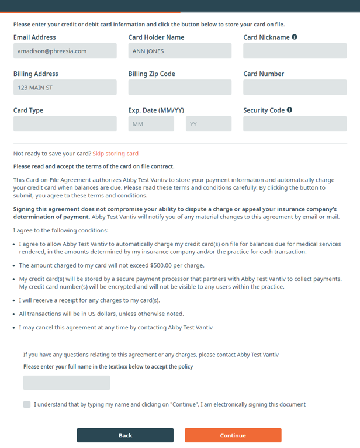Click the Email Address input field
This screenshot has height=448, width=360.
pyautogui.click(x=65, y=51)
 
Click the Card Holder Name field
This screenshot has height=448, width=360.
pyautogui.click(x=179, y=51)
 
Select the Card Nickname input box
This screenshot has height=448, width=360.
pyautogui.click(x=295, y=51)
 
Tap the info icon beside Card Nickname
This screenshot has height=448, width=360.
pyautogui.click(x=295, y=37)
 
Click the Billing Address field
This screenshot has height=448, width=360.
pyautogui.click(x=65, y=88)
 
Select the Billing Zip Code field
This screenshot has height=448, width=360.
pyautogui.click(x=179, y=88)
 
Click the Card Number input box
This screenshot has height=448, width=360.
pyautogui.click(x=295, y=88)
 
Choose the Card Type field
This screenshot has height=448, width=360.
pyautogui.click(x=65, y=124)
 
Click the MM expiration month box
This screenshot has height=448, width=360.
pyautogui.click(x=151, y=124)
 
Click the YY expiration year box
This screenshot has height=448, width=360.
pyautogui.click(x=208, y=124)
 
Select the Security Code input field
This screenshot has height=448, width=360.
pyautogui.click(x=295, y=124)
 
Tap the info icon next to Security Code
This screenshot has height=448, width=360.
pyautogui.click(x=289, y=110)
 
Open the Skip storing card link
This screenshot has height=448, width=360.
pyautogui.click(x=115, y=154)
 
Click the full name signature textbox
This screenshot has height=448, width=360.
pyautogui.click(x=67, y=383)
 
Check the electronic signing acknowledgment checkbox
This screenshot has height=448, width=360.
pyautogui.click(x=27, y=404)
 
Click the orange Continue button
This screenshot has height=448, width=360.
pyautogui.click(x=233, y=435)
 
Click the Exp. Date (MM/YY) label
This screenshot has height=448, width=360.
pyautogui.click(x=156, y=110)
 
